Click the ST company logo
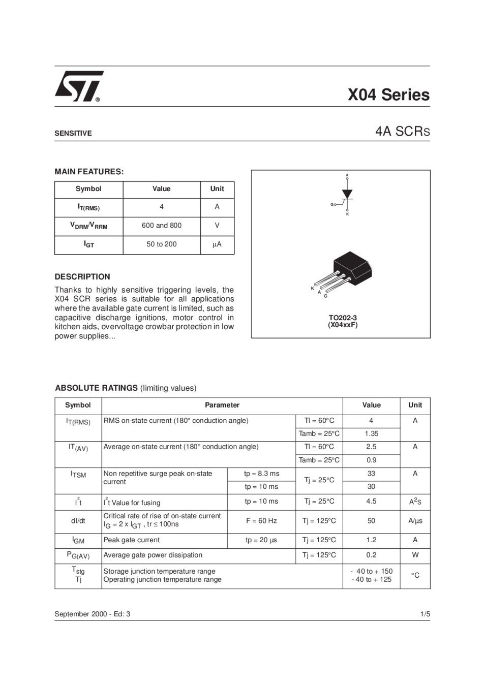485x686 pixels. pyautogui.click(x=79, y=86)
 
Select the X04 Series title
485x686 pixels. pyautogui.click(x=388, y=95)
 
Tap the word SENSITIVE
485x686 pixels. pyautogui.click(x=73, y=133)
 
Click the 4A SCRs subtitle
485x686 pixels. pyautogui.click(x=402, y=131)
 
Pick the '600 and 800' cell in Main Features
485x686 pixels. pyautogui.click(x=161, y=225)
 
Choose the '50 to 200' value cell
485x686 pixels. pyautogui.click(x=161, y=244)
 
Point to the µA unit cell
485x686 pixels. pyautogui.click(x=217, y=244)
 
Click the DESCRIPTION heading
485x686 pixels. pyautogui.click(x=82, y=276)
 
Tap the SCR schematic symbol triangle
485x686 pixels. pyautogui.click(x=347, y=194)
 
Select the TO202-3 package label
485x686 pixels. pyautogui.click(x=343, y=318)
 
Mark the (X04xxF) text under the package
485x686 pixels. pyautogui.click(x=343, y=325)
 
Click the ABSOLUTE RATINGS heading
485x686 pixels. pyautogui.click(x=96, y=388)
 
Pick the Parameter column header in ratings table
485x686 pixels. pyautogui.click(x=222, y=405)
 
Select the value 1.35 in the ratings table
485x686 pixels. pyautogui.click(x=371, y=433)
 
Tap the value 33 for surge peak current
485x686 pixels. pyautogui.click(x=371, y=473)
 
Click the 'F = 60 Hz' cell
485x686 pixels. pyautogui.click(x=261, y=520)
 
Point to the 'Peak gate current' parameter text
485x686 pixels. pyautogui.click(x=132, y=540)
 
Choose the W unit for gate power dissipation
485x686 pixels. pyautogui.click(x=415, y=555)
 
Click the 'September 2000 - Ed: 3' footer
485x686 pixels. pyautogui.click(x=92, y=614)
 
